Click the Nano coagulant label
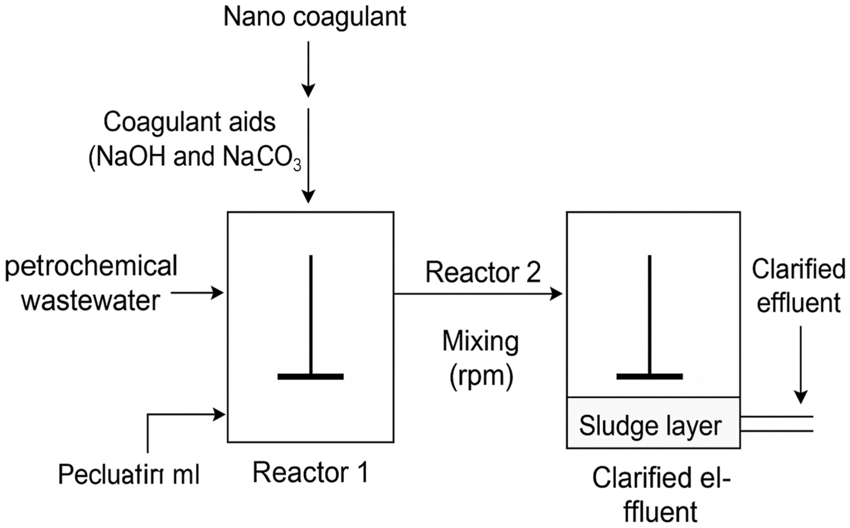(314, 17)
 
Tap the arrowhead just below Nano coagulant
(308, 91)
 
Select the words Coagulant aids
(189, 122)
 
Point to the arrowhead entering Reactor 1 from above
(308, 196)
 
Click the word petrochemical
(91, 266)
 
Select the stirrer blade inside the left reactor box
(310, 376)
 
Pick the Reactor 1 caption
(310, 472)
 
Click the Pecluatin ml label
(129, 474)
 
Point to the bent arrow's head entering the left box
(219, 415)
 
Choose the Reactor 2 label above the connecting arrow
(483, 272)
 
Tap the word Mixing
(480, 342)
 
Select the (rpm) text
(481, 375)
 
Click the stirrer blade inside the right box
(649, 376)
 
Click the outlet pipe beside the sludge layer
(777, 423)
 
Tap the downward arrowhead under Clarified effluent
(800, 396)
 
